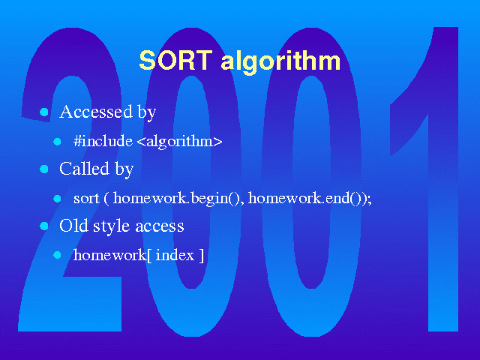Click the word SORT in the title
(175, 60)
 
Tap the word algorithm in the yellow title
(280, 61)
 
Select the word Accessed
(96, 112)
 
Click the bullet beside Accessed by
(44, 112)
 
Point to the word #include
(103, 141)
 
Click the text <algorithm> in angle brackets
(180, 142)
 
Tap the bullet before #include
(57, 142)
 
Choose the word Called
(84, 168)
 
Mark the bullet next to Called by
(44, 169)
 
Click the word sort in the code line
(86, 199)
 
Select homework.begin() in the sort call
(178, 199)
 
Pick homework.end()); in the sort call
(310, 199)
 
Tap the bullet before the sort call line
(57, 199)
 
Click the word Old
(73, 226)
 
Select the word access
(160, 226)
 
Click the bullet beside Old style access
(44, 226)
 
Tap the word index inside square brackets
(175, 255)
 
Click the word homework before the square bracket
(110, 255)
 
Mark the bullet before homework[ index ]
(57, 255)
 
